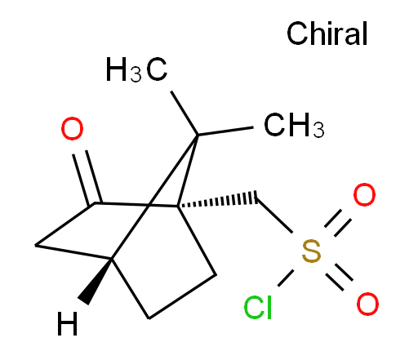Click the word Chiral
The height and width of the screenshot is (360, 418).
click(327, 33)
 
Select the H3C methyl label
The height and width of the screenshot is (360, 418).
click(136, 69)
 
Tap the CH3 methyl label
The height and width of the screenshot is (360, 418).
click(294, 125)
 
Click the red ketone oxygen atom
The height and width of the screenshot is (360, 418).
click(72, 128)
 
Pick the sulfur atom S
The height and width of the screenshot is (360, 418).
click(311, 251)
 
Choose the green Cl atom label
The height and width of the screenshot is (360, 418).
click(258, 307)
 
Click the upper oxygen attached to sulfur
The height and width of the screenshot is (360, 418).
click(364, 194)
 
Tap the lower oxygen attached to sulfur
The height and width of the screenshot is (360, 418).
click(367, 304)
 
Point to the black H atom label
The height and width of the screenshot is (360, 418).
click(68, 323)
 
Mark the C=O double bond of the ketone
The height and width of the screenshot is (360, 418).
click(87, 178)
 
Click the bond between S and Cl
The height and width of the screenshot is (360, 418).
click(286, 278)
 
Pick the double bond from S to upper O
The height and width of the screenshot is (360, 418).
click(338, 223)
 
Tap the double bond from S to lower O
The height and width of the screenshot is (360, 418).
click(339, 277)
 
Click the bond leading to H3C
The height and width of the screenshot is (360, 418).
click(185, 113)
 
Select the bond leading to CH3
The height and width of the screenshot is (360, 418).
click(225, 131)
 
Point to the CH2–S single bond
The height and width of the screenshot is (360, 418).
click(274, 216)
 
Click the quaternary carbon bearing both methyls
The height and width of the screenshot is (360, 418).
click(198, 135)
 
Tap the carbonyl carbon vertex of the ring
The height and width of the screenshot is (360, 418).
click(95, 202)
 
